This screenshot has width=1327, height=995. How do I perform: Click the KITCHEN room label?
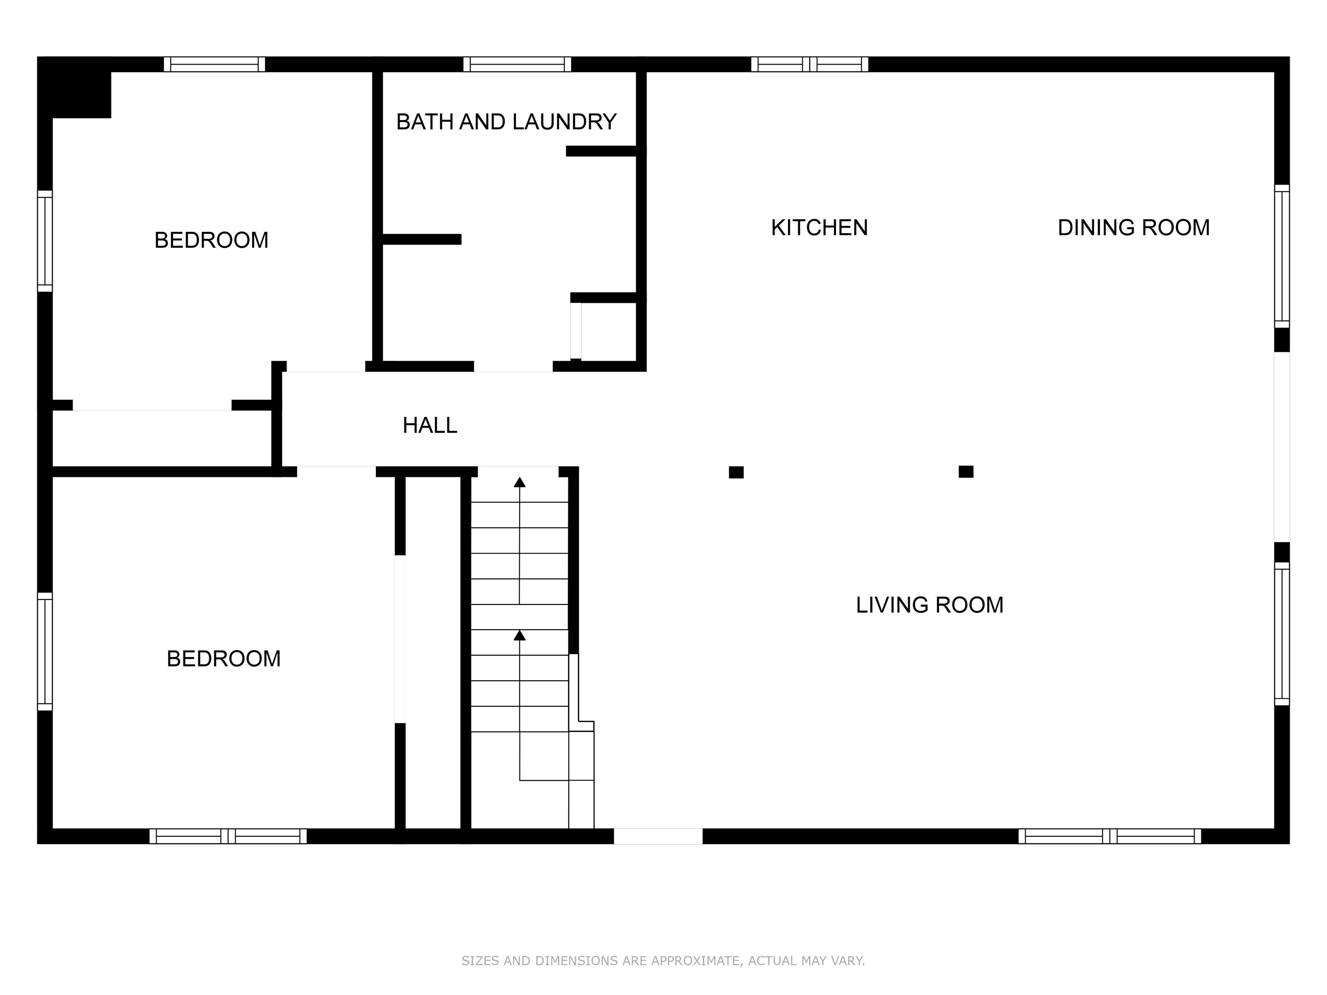[x=819, y=228]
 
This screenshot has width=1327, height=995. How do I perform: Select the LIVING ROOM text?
[x=929, y=605]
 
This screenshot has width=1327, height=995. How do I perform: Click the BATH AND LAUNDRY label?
[x=506, y=122]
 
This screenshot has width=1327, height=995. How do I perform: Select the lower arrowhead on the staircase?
[x=519, y=635]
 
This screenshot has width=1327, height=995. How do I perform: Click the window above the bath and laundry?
[x=517, y=64]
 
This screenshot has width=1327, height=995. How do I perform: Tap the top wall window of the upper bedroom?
[x=215, y=64]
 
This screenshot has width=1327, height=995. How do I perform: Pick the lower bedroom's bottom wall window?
[x=228, y=836]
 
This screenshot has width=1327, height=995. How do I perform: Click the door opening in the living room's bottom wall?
[x=658, y=836]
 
